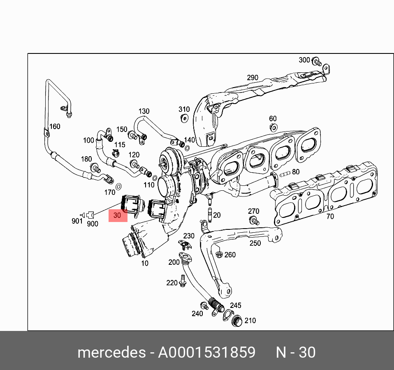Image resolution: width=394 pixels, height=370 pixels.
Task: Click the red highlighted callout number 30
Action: (118, 215)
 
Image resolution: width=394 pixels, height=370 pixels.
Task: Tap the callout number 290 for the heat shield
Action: (253, 78)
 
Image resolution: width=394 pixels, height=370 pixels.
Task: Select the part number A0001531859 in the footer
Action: (207, 353)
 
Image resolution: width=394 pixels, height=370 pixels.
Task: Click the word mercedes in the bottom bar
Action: (111, 353)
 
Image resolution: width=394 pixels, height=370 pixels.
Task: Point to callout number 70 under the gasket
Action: (330, 216)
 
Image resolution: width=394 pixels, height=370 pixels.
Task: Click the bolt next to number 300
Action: (316, 62)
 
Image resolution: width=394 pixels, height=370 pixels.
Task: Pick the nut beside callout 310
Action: (184, 118)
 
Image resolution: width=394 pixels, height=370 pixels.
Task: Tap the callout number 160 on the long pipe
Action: (55, 126)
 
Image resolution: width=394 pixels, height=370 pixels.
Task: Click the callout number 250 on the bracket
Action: (255, 243)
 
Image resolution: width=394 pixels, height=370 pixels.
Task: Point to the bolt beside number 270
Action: (255, 220)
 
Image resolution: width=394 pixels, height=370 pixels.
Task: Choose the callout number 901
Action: (77, 221)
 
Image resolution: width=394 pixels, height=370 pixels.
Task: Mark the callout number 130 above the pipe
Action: (144, 111)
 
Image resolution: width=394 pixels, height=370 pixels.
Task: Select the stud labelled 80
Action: (285, 173)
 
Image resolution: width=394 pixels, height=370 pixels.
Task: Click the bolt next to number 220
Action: (183, 282)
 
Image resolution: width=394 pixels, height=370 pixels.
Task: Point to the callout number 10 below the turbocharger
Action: (145, 263)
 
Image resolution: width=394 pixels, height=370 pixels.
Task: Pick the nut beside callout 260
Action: (219, 254)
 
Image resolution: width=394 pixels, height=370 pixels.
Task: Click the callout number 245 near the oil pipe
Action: (235, 305)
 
